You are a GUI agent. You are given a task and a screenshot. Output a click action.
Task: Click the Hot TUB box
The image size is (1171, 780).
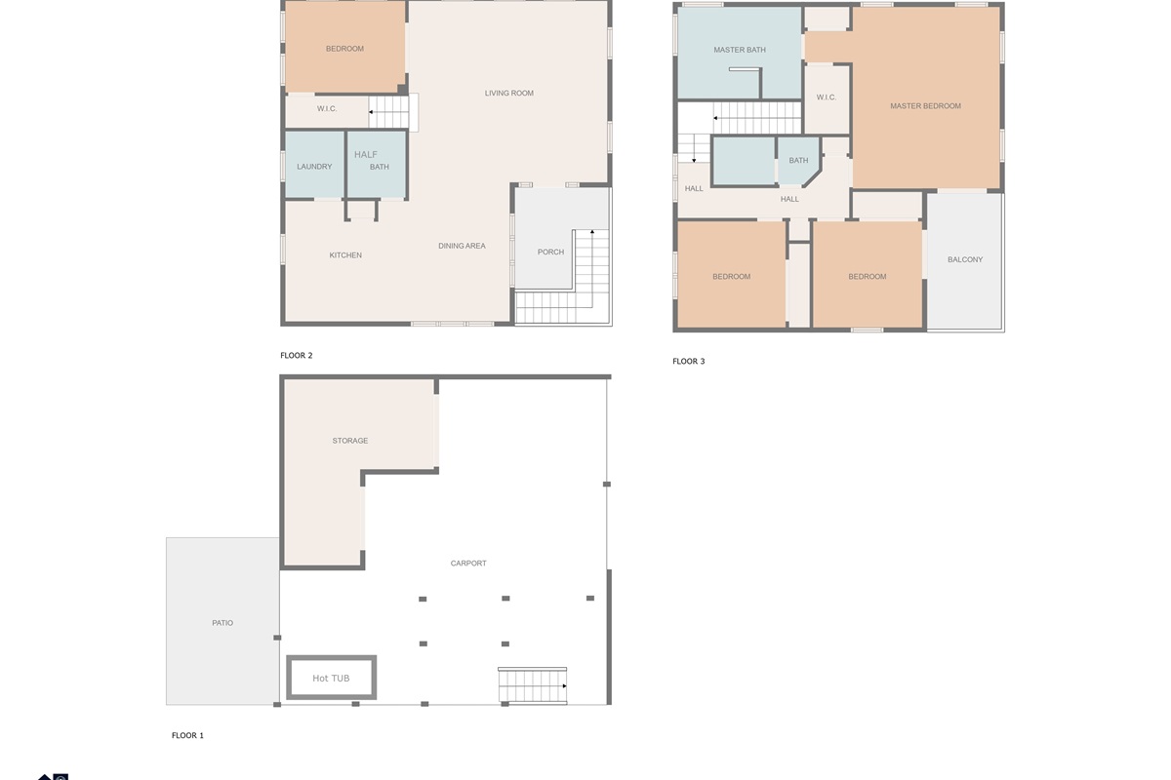[332, 677]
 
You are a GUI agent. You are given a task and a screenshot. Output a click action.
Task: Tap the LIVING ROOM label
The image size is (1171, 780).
[508, 93]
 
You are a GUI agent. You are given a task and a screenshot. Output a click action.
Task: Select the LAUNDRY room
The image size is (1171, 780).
[314, 164]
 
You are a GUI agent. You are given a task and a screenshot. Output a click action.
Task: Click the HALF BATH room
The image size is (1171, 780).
[377, 164]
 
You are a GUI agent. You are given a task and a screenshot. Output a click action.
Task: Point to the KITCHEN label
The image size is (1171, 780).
[345, 254]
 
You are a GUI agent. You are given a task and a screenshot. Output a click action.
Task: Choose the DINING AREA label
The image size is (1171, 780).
[462, 246]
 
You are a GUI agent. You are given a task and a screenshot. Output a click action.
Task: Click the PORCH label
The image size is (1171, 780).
[550, 252]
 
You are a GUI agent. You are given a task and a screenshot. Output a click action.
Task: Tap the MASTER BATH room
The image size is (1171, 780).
[740, 53]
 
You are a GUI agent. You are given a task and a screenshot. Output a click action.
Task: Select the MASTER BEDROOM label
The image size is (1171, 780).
[925, 106]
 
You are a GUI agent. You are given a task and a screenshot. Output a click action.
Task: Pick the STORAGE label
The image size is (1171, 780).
[349, 441]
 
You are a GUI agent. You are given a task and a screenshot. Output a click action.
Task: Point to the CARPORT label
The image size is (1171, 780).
[468, 564]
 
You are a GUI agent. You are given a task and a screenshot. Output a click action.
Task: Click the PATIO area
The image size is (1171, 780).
[222, 621]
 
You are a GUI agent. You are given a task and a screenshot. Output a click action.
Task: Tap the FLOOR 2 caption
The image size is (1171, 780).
[297, 355]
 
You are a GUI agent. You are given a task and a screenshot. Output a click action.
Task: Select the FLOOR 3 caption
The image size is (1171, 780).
[689, 361]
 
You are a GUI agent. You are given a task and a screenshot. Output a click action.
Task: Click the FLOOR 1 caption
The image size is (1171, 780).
[187, 735]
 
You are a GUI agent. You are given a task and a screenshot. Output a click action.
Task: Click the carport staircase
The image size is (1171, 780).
[532, 686]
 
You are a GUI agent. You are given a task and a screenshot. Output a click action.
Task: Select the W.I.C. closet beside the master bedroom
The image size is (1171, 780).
[827, 99]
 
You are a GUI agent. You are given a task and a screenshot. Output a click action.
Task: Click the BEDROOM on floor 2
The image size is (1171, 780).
[344, 47]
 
